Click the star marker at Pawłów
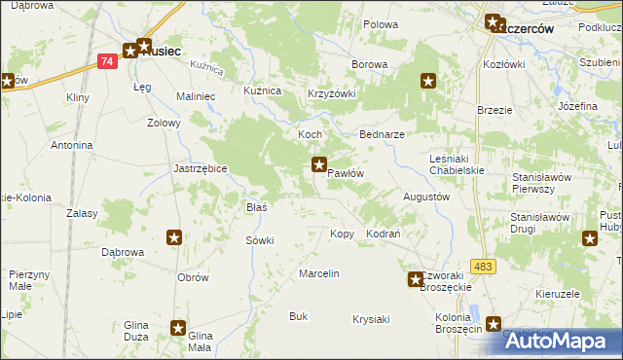coord(318,164)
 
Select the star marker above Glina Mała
coord(178,329)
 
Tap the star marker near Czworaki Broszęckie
coord(415,279)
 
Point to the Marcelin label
coord(319,273)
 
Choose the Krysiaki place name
coord(371,319)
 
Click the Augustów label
coord(425,196)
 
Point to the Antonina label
coord(72,146)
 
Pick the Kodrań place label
coord(384,234)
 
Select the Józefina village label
coord(577,105)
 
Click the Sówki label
coord(260,239)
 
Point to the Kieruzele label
coord(558,293)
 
